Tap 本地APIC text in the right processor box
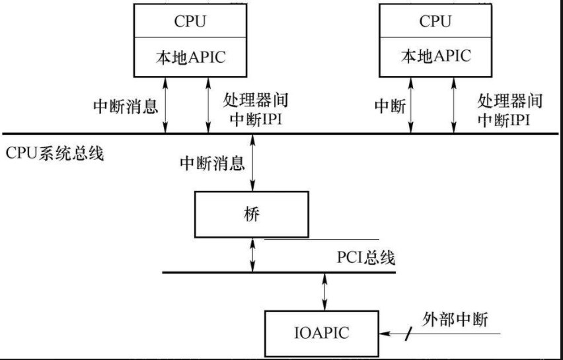[x=436, y=56]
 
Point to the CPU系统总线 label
[x=56, y=154]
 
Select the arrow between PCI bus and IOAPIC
[x=324, y=291]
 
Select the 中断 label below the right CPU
[x=390, y=106]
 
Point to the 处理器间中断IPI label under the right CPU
[x=509, y=110]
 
